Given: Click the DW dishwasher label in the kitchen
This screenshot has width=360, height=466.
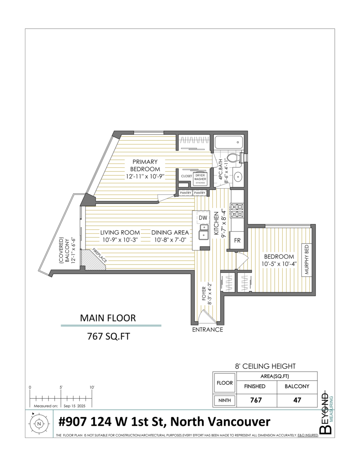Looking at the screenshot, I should (203, 218).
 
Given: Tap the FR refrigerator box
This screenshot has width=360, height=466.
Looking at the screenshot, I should (237, 240).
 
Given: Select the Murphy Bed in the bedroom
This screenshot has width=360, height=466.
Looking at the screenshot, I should (307, 260).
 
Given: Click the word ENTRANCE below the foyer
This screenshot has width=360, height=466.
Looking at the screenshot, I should (208, 330).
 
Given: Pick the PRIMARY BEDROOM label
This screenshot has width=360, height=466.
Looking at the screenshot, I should (145, 165).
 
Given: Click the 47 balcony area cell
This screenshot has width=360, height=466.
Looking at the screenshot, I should (297, 400).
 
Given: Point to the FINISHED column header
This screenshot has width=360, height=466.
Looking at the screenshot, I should (254, 386).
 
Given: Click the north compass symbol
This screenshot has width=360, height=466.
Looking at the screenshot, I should (39, 424).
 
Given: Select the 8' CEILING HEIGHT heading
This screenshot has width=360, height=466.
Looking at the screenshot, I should (266, 366).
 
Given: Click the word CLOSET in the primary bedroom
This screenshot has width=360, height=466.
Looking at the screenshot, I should (186, 176).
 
